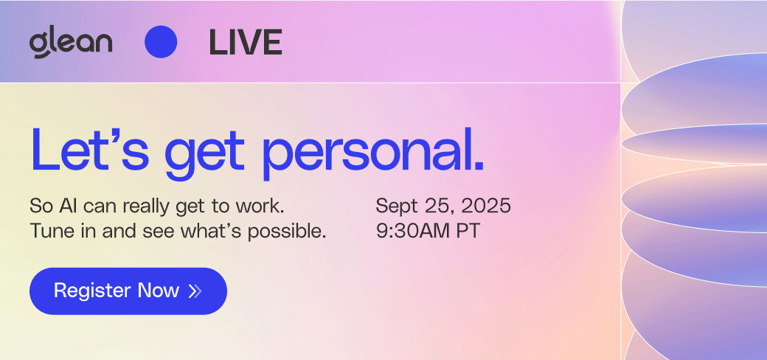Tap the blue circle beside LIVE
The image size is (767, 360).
point(161,42)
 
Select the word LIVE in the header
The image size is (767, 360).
point(246,42)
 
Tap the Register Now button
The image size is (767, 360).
point(128,291)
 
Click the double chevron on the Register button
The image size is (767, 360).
point(195,291)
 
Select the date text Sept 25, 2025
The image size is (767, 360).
point(443,206)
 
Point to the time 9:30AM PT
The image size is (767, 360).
point(428,231)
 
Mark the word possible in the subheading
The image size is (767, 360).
point(286,232)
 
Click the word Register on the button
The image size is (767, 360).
point(92,291)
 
